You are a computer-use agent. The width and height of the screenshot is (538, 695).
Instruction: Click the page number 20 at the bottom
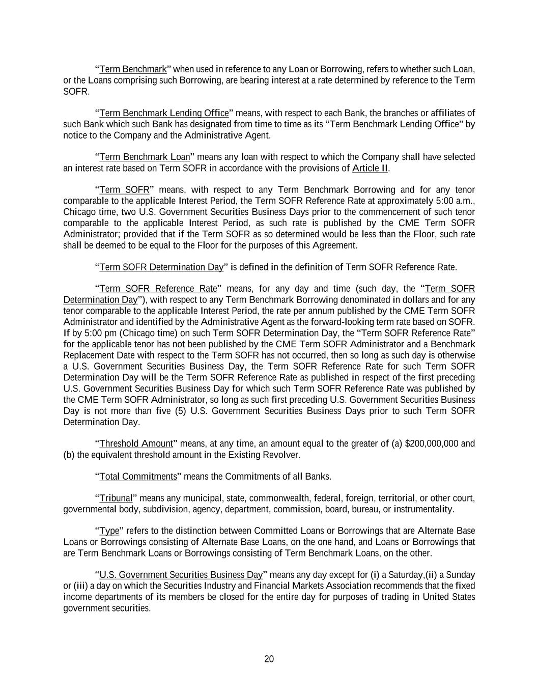[269, 659]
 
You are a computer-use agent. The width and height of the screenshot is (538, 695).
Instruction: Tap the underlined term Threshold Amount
[136, 443]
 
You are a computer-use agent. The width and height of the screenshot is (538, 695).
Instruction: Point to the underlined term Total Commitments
[138, 477]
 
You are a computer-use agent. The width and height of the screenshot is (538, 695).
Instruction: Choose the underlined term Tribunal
[116, 498]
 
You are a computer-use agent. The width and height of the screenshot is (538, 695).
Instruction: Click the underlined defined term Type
[109, 531]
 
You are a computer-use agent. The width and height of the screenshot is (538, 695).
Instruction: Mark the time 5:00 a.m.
[458, 201]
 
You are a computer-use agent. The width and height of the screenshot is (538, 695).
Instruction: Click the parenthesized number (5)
[180, 411]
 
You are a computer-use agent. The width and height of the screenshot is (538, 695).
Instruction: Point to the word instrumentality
[422, 509]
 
